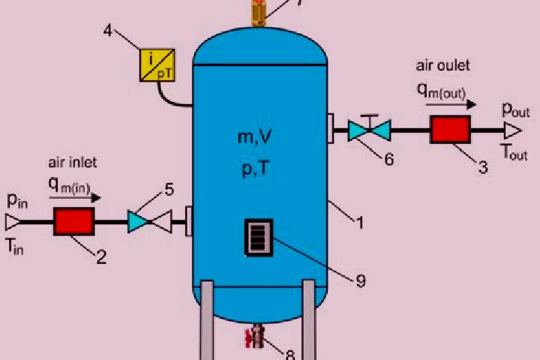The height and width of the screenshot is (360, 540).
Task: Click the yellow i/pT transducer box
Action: coord(157,65)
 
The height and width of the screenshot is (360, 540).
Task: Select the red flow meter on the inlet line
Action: coord(74,221)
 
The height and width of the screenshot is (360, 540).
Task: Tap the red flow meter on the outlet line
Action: coord(451,130)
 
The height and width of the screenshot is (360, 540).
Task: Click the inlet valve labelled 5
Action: coord(149,222)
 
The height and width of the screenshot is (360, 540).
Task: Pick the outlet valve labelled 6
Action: coord(369,129)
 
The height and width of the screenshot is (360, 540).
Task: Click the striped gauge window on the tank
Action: coord(259,238)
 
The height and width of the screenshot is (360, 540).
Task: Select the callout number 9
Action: coord(361,280)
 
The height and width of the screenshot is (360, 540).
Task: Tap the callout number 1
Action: coord(360,223)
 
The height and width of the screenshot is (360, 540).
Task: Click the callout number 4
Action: coord(108,31)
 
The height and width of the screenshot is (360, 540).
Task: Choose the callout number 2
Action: coord(101,257)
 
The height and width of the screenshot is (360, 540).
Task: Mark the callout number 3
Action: coord(483,167)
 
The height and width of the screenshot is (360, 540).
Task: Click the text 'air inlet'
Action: coord(73,162)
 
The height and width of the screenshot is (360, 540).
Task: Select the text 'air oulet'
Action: coord(443,65)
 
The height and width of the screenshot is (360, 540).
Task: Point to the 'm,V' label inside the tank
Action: coord(255,137)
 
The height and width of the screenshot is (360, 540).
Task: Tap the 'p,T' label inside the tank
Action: coord(255,169)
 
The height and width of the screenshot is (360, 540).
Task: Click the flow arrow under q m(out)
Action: coord(451,103)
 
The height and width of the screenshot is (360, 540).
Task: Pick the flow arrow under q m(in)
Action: coord(75,198)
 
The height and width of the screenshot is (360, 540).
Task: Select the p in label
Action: coord(17,201)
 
